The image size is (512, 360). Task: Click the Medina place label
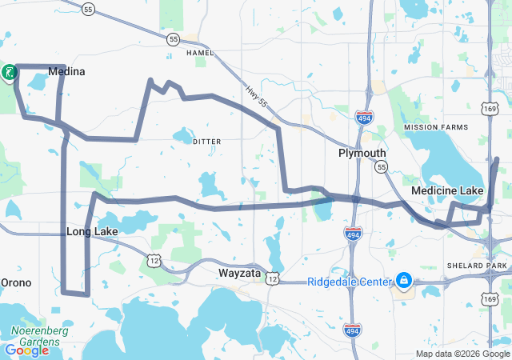click(x=66, y=72)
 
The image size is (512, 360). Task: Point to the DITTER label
click(x=207, y=141)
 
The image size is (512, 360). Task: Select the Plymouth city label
click(x=362, y=153)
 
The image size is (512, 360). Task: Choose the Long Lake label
click(x=92, y=232)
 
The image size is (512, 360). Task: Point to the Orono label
click(x=15, y=282)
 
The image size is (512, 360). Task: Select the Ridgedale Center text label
click(x=350, y=282)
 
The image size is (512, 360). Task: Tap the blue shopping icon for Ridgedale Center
click(x=404, y=281)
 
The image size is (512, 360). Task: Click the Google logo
click(x=26, y=350)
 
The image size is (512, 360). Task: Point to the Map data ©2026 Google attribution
click(x=461, y=354)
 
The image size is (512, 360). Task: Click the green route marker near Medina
click(x=9, y=73)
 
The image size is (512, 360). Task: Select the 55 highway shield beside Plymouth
click(x=381, y=166)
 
